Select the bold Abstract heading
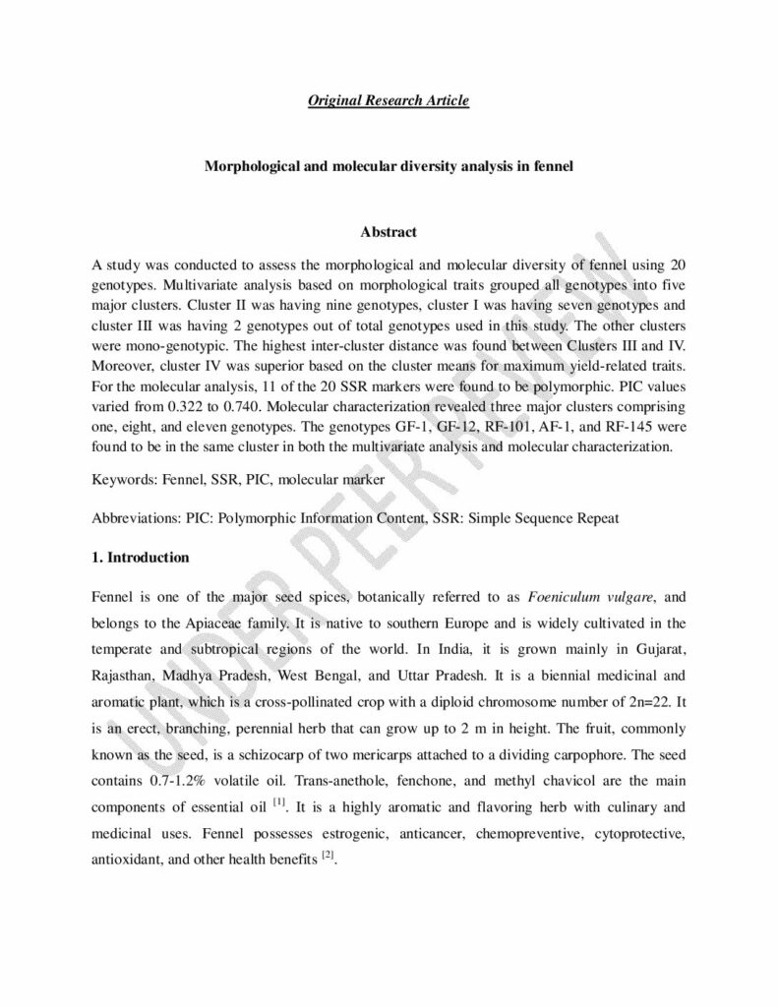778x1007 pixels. (x=389, y=232)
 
